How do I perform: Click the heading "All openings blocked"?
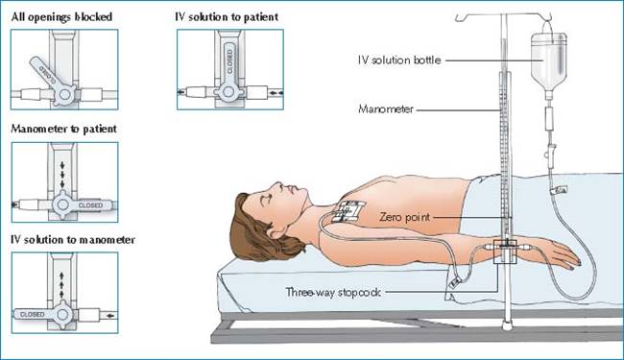tap(61, 17)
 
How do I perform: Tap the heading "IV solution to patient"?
tap(227, 17)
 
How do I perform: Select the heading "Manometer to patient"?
tap(64, 129)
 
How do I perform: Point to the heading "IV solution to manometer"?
tap(73, 240)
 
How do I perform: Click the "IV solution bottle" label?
tap(399, 60)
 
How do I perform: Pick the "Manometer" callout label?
tap(386, 109)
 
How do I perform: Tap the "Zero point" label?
tap(405, 217)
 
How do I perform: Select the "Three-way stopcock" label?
tap(333, 293)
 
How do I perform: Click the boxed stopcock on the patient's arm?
tap(505, 252)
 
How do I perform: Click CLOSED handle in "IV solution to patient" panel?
tap(228, 62)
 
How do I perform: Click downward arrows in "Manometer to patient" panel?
tap(62, 175)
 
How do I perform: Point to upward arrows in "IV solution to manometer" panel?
tap(61, 285)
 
